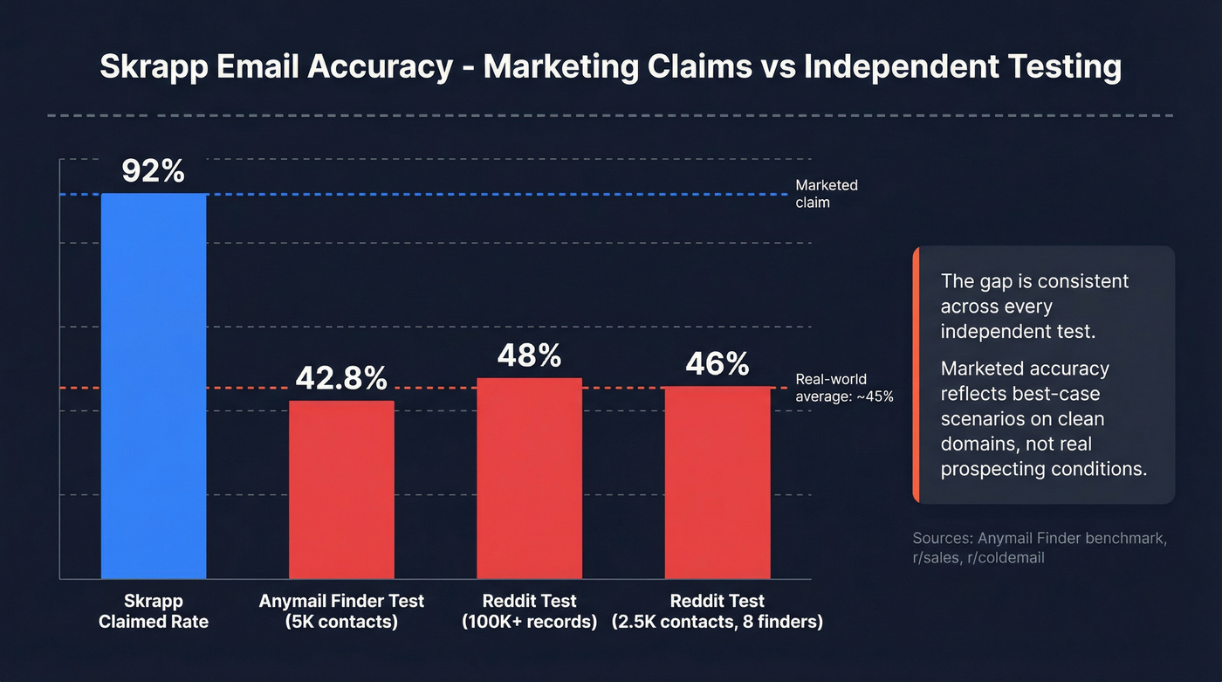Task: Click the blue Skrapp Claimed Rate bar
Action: [154, 384]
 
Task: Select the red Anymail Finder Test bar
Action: [341, 489]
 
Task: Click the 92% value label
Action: [154, 171]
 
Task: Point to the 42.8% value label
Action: [341, 378]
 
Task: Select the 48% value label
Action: [529, 355]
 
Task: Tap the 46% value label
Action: [717, 363]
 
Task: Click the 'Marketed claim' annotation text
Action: [826, 194]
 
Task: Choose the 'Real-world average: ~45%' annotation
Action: [844, 388]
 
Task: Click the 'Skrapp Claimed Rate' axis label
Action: [154, 611]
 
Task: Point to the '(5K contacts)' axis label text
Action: [341, 623]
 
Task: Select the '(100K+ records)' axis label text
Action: [529, 623]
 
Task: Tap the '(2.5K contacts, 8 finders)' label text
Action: [717, 623]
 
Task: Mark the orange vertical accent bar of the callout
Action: [916, 375]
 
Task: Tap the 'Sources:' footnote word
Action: [942, 538]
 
